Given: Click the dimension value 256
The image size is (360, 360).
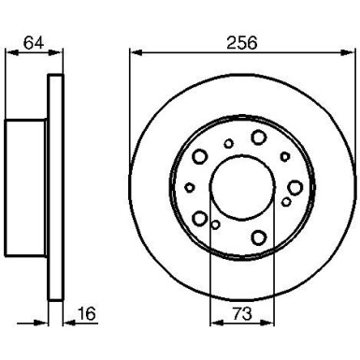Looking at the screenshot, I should (x=241, y=43).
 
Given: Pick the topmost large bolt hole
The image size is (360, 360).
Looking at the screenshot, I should (x=258, y=137).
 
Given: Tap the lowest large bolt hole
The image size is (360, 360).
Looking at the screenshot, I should (x=259, y=237).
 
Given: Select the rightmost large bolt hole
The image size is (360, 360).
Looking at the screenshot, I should (x=295, y=188).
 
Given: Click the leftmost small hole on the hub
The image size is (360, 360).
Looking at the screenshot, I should (x=190, y=187).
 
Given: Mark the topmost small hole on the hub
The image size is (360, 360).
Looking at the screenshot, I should (x=229, y=143).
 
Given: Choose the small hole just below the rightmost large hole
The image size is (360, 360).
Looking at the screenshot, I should (x=286, y=201).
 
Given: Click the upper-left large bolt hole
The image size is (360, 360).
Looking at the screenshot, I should (x=198, y=155).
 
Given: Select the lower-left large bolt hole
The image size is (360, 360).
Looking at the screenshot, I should (x=199, y=219).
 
